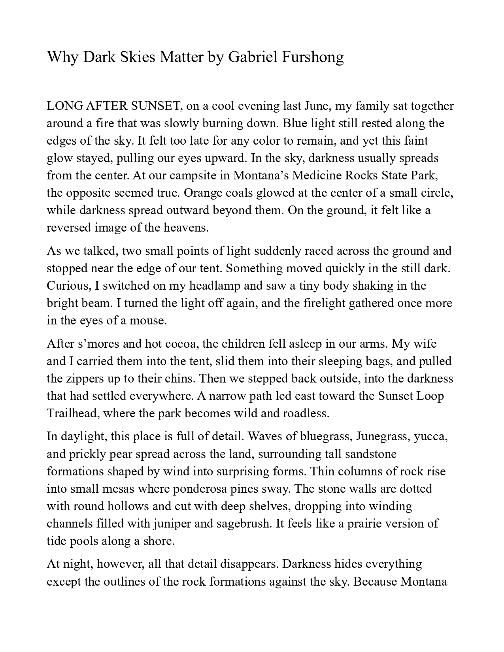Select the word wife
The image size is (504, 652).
click(x=425, y=344)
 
